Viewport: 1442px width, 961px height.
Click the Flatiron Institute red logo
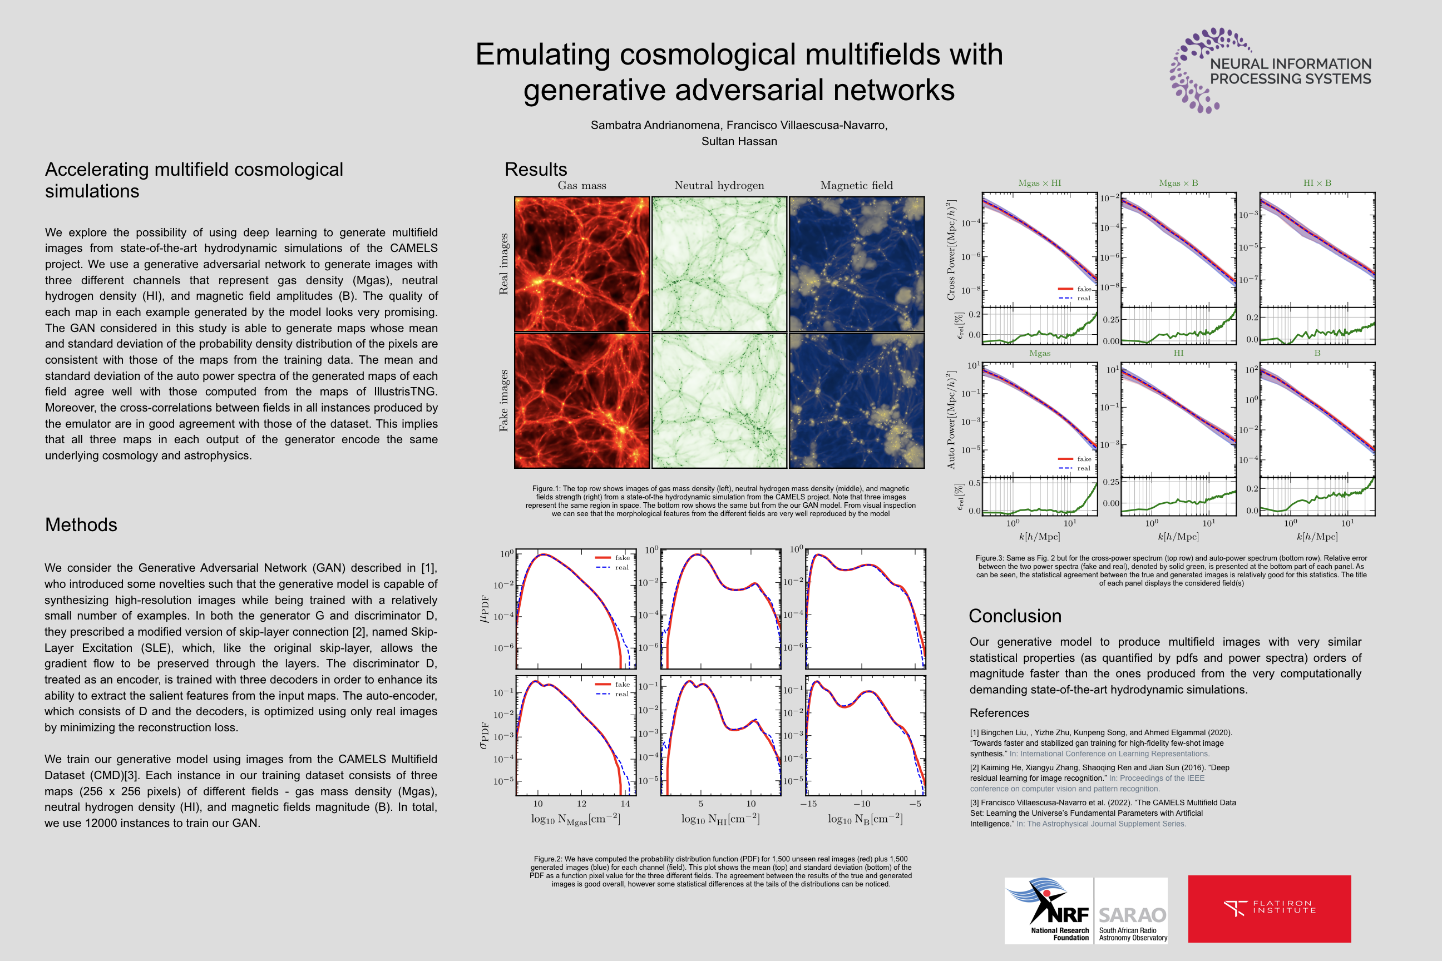click(x=1269, y=908)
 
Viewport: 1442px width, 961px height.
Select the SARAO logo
click(x=1132, y=909)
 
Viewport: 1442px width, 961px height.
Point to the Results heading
click(x=535, y=169)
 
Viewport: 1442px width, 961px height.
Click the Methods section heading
click(x=81, y=524)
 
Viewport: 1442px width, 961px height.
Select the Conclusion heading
click(x=1015, y=616)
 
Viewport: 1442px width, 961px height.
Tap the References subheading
click(x=999, y=713)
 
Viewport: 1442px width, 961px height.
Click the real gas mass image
click(x=581, y=264)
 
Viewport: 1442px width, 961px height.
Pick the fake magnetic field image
click(x=857, y=401)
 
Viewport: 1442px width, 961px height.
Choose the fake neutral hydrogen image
click(x=719, y=401)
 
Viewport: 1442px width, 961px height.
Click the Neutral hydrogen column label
click(x=719, y=185)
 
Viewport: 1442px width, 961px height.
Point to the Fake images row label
click(x=503, y=401)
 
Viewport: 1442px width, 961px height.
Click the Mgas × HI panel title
click(x=1039, y=182)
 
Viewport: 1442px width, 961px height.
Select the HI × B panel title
click(x=1317, y=182)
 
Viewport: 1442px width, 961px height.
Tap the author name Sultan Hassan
click(x=739, y=141)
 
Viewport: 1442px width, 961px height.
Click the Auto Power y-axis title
click(x=951, y=420)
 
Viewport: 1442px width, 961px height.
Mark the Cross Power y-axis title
click(x=951, y=250)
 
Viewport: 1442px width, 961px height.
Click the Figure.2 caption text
click(x=720, y=871)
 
